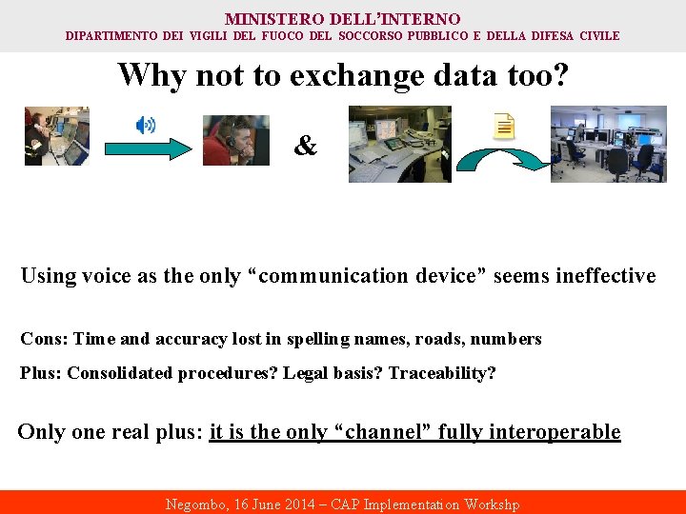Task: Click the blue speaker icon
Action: pos(146,125)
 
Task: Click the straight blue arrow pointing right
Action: pos(147,148)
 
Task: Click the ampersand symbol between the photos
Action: pos(305,146)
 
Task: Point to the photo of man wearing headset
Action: pos(235,140)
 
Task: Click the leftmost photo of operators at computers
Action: pos(56,136)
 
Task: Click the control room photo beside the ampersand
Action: pos(399,144)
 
